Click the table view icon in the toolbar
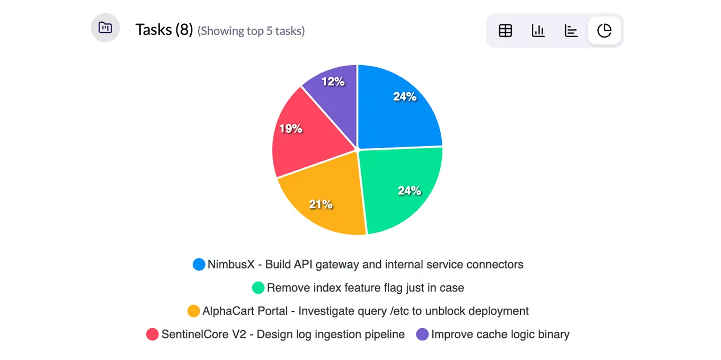pyautogui.click(x=505, y=31)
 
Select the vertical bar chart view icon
pyautogui.click(x=538, y=31)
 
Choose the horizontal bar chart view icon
pyautogui.click(x=571, y=31)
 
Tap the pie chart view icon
pyautogui.click(x=604, y=31)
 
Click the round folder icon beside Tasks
pyautogui.click(x=105, y=28)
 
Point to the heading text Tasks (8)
pyautogui.click(x=164, y=30)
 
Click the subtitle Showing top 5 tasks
pyautogui.click(x=251, y=31)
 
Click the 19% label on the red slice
pyautogui.click(x=291, y=128)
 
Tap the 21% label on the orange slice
pyautogui.click(x=321, y=204)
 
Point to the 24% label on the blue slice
pyautogui.click(x=404, y=96)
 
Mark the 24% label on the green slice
pyautogui.click(x=410, y=191)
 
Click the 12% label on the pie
pyautogui.click(x=333, y=82)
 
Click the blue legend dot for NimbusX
pyautogui.click(x=199, y=265)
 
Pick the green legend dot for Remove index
pyautogui.click(x=258, y=288)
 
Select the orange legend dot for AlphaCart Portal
pyautogui.click(x=194, y=311)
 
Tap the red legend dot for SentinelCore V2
pyautogui.click(x=153, y=335)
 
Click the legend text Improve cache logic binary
pyautogui.click(x=500, y=335)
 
